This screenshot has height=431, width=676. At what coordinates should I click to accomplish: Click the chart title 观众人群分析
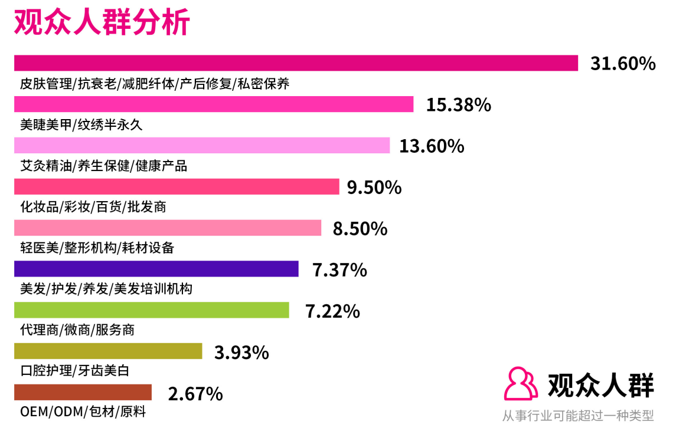tap(102, 23)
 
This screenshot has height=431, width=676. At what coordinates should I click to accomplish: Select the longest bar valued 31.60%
tap(295, 62)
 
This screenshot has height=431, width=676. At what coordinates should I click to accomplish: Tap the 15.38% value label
tap(459, 105)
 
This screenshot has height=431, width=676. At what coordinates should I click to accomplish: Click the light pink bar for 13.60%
tap(201, 146)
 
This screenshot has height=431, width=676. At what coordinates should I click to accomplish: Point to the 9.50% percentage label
tap(374, 187)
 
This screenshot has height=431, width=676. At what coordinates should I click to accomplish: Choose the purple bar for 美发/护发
tap(156, 269)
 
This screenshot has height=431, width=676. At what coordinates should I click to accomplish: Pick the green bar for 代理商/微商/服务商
tap(151, 310)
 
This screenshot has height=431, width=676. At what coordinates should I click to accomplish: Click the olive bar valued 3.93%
tap(107, 351)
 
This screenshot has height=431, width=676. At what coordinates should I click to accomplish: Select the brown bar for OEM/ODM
tap(83, 393)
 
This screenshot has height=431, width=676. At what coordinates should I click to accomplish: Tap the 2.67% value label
tap(195, 393)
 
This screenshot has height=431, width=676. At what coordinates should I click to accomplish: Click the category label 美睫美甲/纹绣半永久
tap(81, 125)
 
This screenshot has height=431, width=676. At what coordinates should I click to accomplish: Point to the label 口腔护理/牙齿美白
tap(74, 371)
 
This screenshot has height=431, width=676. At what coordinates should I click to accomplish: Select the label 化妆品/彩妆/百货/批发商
tap(93, 207)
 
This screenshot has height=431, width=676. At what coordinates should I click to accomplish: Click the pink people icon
tap(520, 384)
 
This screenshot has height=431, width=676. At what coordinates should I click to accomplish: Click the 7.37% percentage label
tap(339, 270)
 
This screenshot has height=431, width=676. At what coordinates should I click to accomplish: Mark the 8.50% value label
tap(360, 229)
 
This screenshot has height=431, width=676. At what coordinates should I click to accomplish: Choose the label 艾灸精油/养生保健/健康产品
tap(103, 166)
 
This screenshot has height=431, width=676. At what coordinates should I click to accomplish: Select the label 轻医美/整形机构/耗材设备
tap(97, 248)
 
